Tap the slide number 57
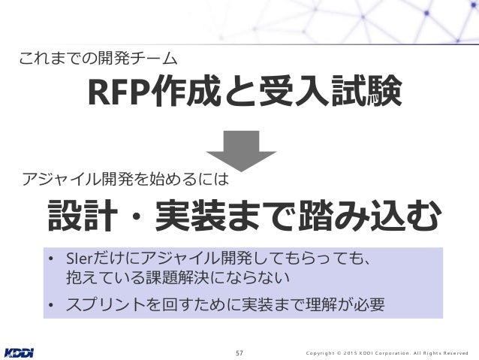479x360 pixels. click(x=239, y=351)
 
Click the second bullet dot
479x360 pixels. click(x=51, y=305)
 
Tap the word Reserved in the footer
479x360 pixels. click(x=453, y=351)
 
